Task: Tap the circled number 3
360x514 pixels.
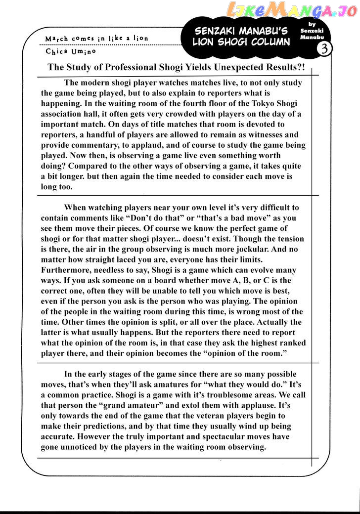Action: click(325, 48)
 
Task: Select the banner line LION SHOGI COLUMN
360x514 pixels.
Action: click(241, 43)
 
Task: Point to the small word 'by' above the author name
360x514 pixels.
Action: click(311, 23)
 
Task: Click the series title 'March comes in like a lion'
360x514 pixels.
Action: click(96, 38)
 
